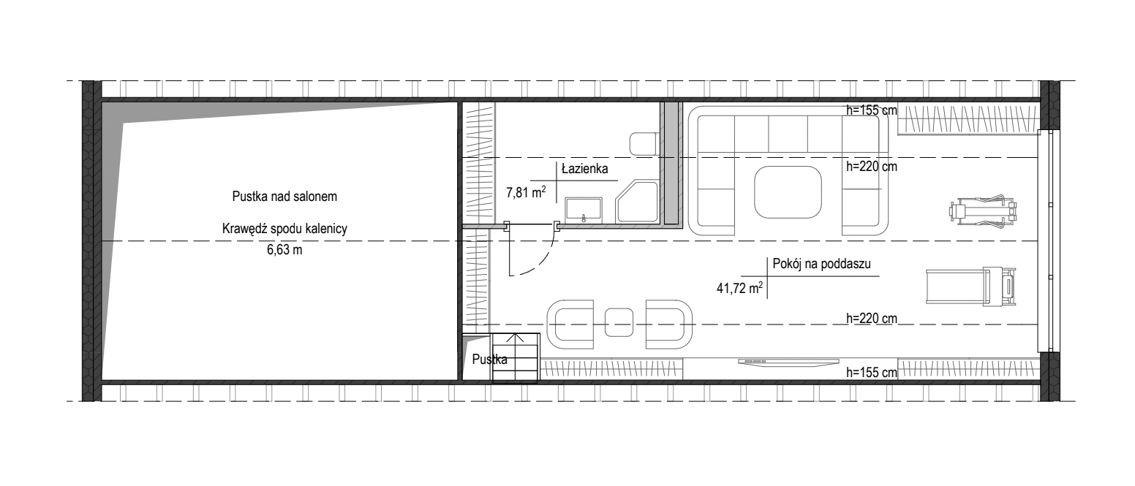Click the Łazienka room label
click(585, 169)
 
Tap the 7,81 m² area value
click(526, 192)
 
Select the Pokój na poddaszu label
click(821, 263)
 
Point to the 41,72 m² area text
click(740, 288)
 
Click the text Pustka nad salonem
click(284, 197)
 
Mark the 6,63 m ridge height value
click(284, 250)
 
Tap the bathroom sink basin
click(584, 210)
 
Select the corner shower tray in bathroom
click(637, 202)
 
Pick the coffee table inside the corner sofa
click(788, 192)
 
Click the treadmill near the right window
click(971, 286)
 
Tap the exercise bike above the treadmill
click(983, 210)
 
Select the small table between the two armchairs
click(619, 322)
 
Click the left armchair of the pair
click(570, 324)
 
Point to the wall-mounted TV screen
click(788, 362)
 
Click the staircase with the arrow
click(516, 358)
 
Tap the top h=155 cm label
click(872, 110)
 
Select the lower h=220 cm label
click(872, 319)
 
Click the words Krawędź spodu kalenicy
click(284, 229)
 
